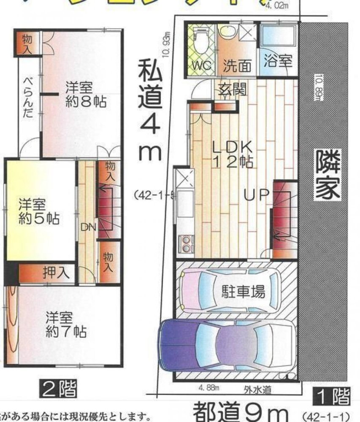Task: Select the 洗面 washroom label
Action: click(x=237, y=65)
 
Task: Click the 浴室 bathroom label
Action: click(x=278, y=61)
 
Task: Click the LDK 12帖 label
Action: click(x=232, y=154)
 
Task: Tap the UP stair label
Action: click(x=257, y=195)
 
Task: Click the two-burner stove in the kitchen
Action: click(x=185, y=242)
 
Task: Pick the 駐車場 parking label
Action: click(x=244, y=292)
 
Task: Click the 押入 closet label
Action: click(x=56, y=273)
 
